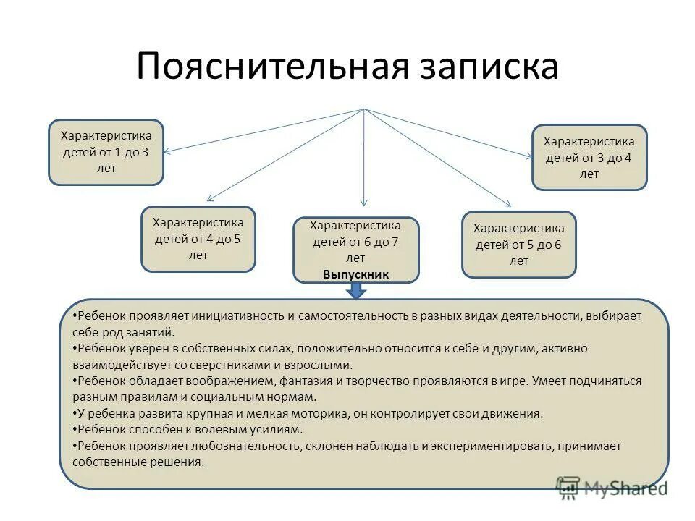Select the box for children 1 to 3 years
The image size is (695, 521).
pos(106,152)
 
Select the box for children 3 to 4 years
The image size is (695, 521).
pos(589,157)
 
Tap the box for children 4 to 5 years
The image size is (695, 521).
pos(198,239)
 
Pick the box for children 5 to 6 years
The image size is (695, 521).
pos(519,244)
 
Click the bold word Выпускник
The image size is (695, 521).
pos(356,275)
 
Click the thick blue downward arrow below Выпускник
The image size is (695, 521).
pos(356,291)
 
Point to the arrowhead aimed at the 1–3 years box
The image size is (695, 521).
pos(167,151)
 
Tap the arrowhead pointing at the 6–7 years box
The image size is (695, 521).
pos(364,203)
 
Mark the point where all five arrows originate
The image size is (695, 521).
pos(364,109)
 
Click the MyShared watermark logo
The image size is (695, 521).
pos(610,488)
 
